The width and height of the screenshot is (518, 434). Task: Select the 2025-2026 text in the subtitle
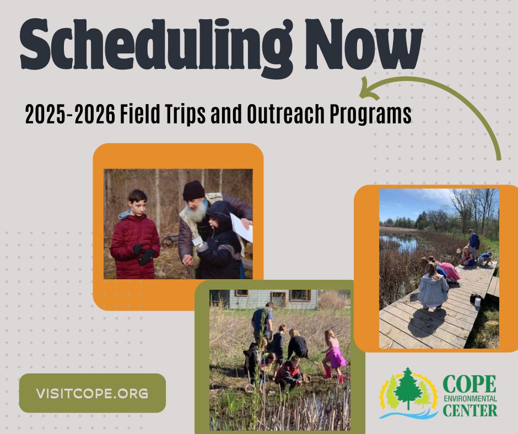tap(71, 114)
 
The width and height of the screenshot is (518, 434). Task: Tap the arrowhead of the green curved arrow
tap(368, 89)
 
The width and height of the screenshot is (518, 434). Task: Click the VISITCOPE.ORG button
tap(93, 393)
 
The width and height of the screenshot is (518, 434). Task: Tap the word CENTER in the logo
tap(470, 410)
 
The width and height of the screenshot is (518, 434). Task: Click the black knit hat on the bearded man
tap(194, 190)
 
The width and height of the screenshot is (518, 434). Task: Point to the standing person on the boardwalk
tap(473, 243)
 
